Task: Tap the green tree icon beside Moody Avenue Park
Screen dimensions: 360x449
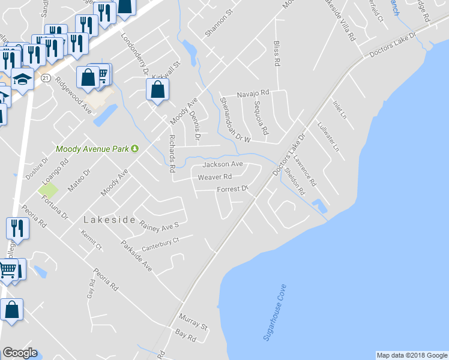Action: pyautogui.click(x=135, y=149)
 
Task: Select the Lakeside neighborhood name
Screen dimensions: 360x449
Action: pyautogui.click(x=109, y=220)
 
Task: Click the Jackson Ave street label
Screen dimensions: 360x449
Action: pyautogui.click(x=222, y=164)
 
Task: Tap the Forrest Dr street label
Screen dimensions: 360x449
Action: pyautogui.click(x=232, y=189)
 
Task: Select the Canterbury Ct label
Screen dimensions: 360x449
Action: pyautogui.click(x=160, y=244)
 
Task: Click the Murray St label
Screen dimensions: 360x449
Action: pyautogui.click(x=193, y=322)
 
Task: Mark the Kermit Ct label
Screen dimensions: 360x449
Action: pyautogui.click(x=92, y=239)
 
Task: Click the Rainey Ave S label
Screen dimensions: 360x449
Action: pyautogui.click(x=159, y=226)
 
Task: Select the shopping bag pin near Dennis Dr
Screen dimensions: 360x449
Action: pyautogui.click(x=157, y=90)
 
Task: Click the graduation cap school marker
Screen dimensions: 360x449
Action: pyautogui.click(x=22, y=79)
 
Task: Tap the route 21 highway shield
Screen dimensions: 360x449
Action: pyautogui.click(x=46, y=77)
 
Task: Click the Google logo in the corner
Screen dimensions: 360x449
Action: pyautogui.click(x=20, y=352)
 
